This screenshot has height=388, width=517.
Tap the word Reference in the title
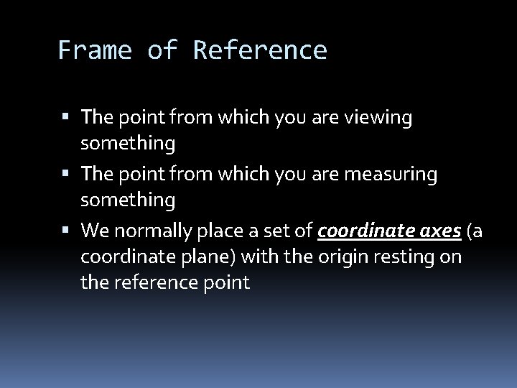coord(260,50)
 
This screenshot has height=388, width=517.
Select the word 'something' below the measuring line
coord(128,200)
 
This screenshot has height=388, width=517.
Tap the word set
coord(285,231)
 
